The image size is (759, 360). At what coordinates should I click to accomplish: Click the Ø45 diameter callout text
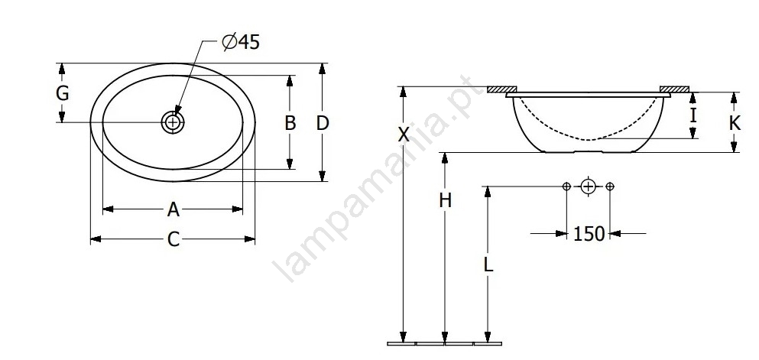point(241,42)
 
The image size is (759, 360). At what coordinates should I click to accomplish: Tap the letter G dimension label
point(63,93)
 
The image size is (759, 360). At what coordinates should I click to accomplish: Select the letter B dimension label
point(290,123)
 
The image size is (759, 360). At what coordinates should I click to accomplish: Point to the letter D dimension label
point(323,123)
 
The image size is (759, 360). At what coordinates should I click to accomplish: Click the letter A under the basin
point(174,209)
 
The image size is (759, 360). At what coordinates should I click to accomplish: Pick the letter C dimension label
point(174,239)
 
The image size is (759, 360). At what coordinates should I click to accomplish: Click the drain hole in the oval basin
point(173,122)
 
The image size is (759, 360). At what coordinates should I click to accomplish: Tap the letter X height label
point(404,135)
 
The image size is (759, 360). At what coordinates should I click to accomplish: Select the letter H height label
point(446,199)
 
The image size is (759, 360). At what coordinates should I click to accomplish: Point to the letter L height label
point(488,264)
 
